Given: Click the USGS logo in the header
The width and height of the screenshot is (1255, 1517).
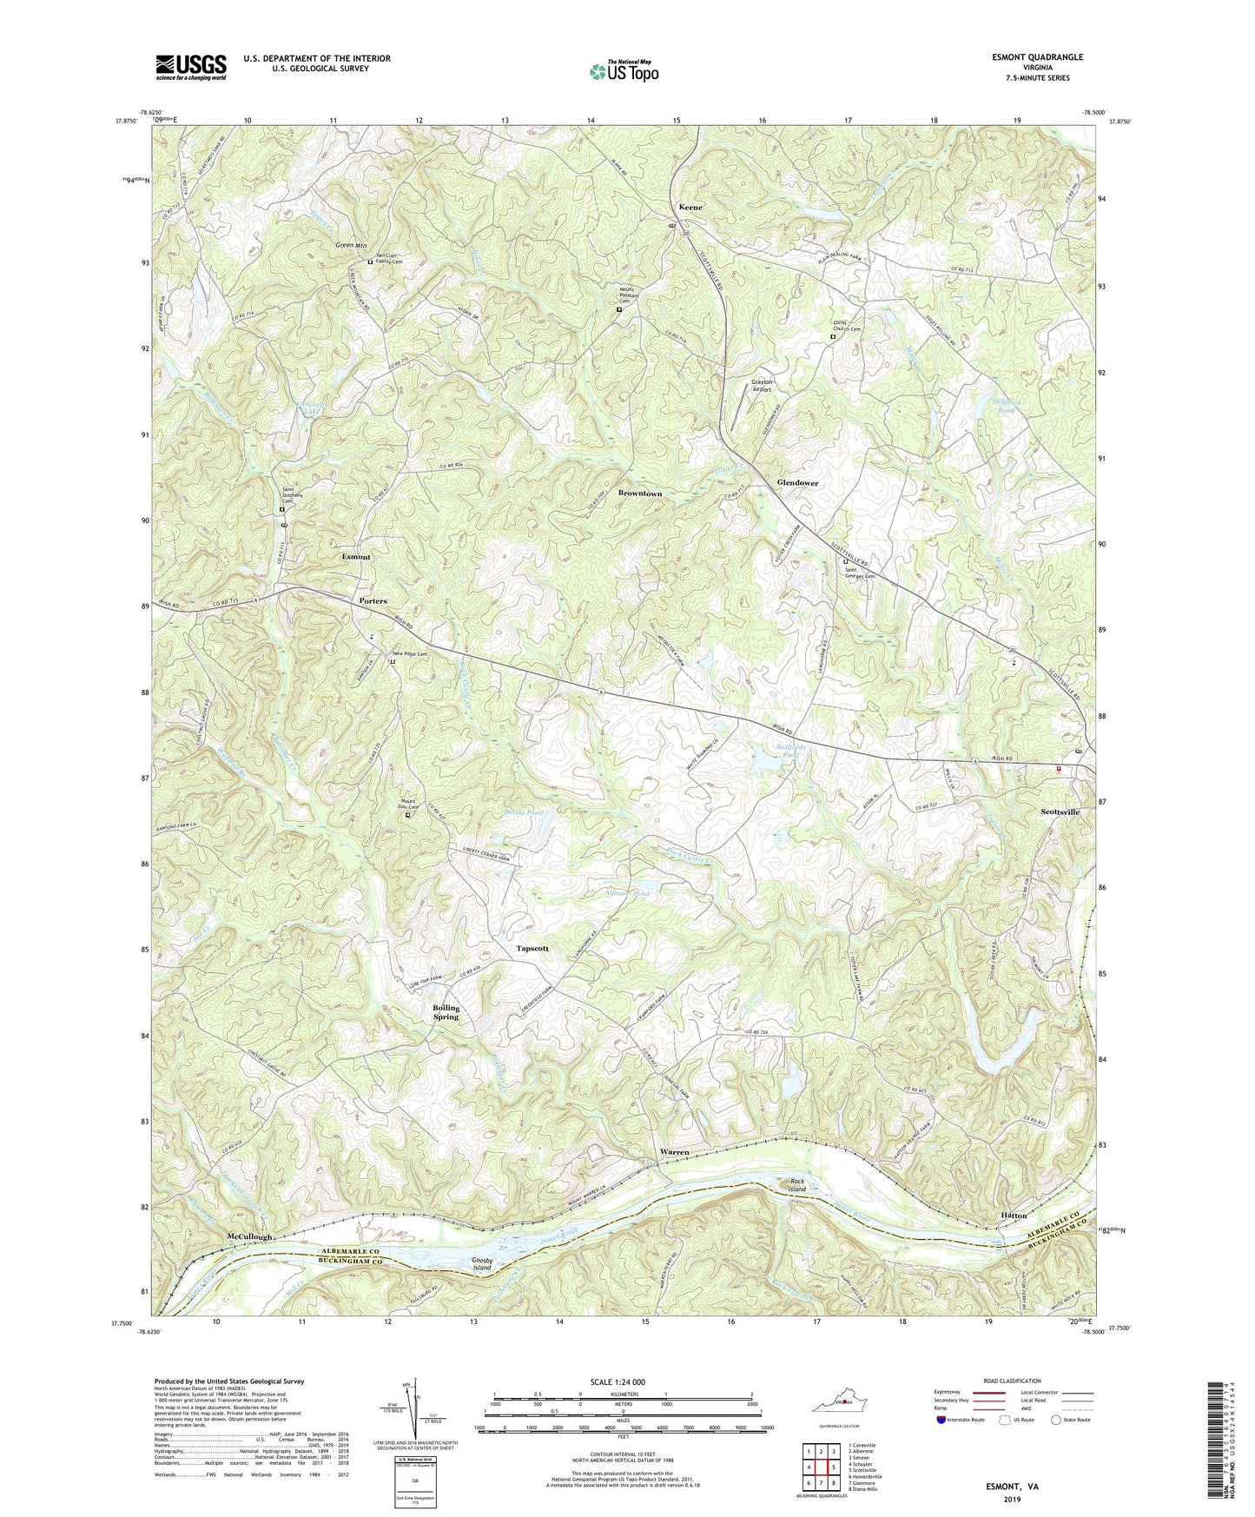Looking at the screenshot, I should [x=191, y=66].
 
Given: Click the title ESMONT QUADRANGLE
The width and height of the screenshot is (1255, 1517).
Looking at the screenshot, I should [x=1037, y=57].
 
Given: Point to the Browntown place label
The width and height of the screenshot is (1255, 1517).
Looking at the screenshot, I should [x=640, y=494].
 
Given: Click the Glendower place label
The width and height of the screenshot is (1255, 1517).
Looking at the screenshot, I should [x=797, y=482].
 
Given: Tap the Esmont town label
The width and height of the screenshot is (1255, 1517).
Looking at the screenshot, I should [x=356, y=557].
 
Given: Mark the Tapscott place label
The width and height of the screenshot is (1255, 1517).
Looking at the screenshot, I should [x=532, y=949].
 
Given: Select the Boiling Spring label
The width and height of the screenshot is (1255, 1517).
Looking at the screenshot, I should [x=446, y=1012].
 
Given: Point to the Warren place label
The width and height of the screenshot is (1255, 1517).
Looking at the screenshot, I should [x=675, y=1152].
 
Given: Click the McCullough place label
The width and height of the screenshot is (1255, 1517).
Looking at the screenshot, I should [x=251, y=1235].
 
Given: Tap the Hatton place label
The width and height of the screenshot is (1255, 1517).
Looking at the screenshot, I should [x=1014, y=1215].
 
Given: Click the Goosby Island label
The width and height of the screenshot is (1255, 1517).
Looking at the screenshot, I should [x=482, y=1263].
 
